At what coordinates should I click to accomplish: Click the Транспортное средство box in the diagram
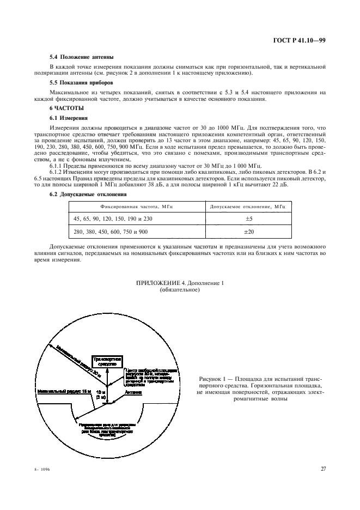(x=107, y=362)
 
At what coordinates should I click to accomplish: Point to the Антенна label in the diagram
(x=133, y=392)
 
